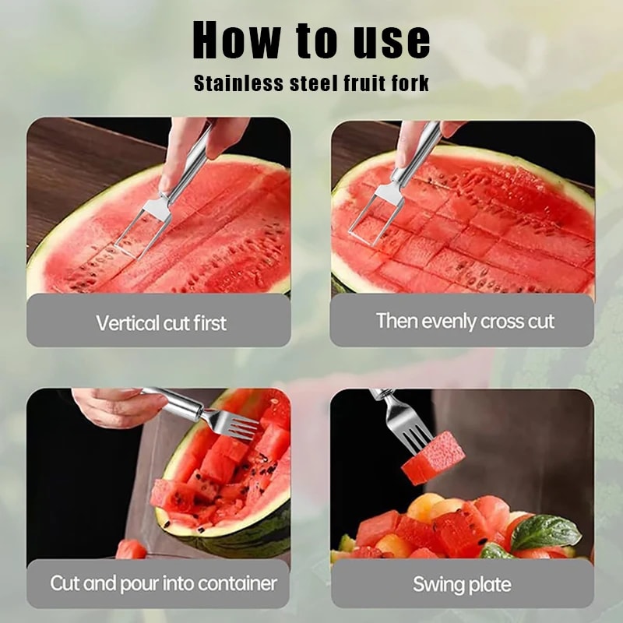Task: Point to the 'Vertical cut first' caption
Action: (161, 322)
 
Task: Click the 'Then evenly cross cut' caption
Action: (465, 321)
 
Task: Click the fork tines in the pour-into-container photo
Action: (234, 424)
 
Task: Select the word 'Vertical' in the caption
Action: (125, 322)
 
